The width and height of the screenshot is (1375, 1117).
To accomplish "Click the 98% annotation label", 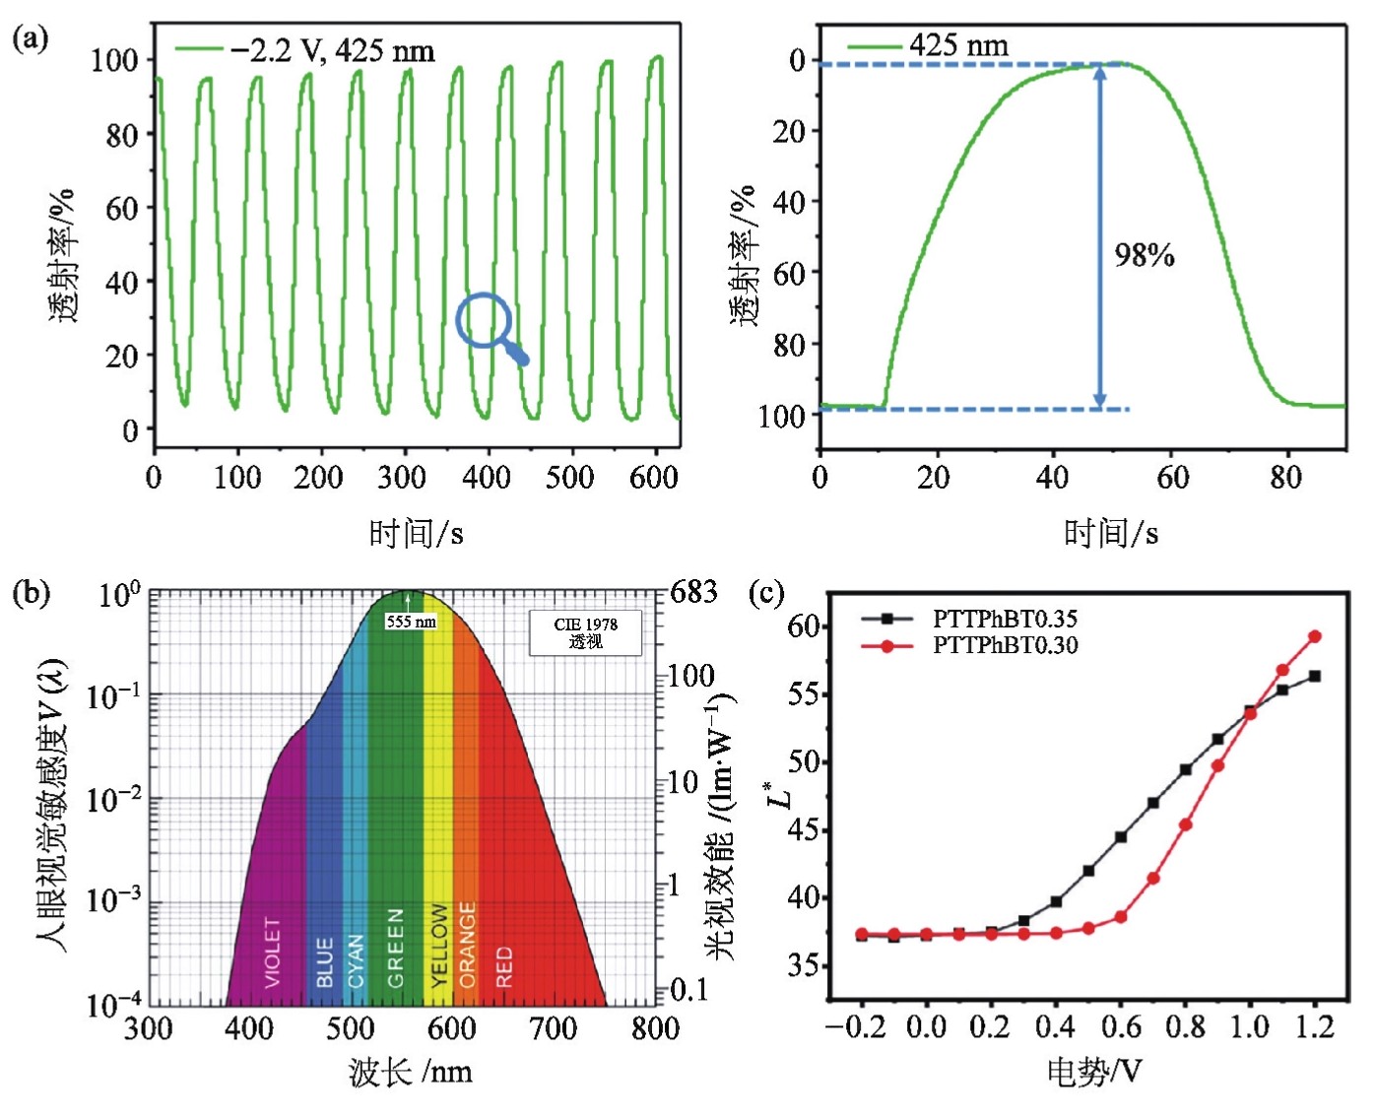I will [x=1144, y=256].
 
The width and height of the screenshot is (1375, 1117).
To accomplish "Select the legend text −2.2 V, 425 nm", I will [x=332, y=51].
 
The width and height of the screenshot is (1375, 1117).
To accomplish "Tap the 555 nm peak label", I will [x=411, y=622].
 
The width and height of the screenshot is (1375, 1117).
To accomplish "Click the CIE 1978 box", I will [x=585, y=633].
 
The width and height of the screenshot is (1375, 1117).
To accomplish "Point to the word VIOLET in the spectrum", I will [x=273, y=952].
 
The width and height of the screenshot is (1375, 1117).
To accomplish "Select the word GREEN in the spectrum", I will [x=396, y=947].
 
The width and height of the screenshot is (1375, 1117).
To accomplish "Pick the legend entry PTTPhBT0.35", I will [x=1005, y=619].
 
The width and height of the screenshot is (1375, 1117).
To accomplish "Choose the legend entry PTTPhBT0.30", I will [x=1005, y=645].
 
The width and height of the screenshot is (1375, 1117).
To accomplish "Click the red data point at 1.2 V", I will [x=1314, y=636].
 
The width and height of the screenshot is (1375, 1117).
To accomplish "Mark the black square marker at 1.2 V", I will [x=1314, y=677].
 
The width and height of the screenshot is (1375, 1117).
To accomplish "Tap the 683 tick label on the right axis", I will [x=693, y=592].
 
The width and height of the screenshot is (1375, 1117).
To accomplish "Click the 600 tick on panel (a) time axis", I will [x=653, y=478].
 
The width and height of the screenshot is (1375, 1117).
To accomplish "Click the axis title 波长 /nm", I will [x=410, y=1072].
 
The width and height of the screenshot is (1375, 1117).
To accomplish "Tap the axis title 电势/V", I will [x=1093, y=1071].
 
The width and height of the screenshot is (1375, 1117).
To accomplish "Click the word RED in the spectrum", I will [x=504, y=966].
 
